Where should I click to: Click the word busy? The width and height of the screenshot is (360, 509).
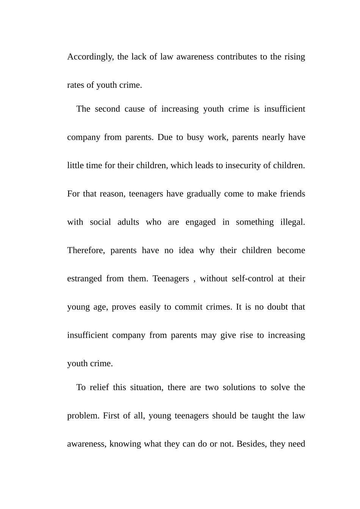click(195, 137)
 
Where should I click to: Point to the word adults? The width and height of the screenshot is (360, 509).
click(128, 222)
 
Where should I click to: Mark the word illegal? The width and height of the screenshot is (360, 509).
click(292, 222)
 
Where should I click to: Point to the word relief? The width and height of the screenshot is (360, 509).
click(99, 387)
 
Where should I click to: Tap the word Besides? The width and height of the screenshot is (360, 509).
click(251, 444)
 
